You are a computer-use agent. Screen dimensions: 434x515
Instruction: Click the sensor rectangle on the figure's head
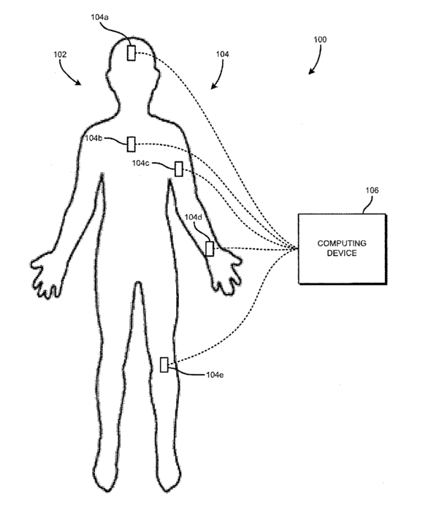[131, 53]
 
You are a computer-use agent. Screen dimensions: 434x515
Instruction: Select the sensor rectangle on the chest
[131, 144]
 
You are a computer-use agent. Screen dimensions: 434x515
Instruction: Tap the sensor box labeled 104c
[178, 169]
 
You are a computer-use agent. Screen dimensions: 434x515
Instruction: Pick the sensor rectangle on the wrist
[209, 248]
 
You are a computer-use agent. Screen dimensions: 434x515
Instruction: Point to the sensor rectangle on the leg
[164, 365]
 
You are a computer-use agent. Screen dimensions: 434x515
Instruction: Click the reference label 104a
[99, 17]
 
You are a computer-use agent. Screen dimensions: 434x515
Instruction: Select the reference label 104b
[94, 138]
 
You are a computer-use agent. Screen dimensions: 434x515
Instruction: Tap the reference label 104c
[140, 163]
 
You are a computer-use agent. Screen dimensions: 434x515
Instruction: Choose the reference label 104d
[193, 217]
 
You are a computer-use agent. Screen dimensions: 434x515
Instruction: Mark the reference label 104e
[215, 375]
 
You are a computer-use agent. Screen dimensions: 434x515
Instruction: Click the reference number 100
[320, 39]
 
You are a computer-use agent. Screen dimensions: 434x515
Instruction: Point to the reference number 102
[60, 54]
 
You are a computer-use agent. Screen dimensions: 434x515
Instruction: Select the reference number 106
[372, 190]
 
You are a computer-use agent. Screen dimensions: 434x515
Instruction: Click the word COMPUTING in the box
[342, 243]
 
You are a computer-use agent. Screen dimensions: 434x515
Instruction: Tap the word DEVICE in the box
[342, 253]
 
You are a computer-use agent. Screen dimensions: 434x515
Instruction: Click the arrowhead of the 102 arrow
[78, 83]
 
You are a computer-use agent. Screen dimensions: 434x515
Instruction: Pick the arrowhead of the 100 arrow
[311, 72]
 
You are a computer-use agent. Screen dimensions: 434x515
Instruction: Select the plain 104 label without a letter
[222, 54]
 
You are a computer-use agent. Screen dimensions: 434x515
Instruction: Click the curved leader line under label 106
[368, 205]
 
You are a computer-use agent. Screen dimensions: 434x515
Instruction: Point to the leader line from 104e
[187, 373]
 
